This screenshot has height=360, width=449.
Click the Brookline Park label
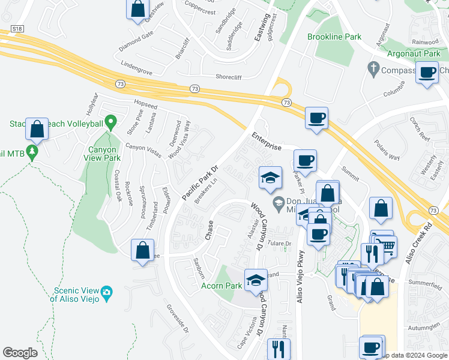click(334, 37)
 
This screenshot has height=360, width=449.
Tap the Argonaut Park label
click(414, 54)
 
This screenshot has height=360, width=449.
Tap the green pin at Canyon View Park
click(110, 123)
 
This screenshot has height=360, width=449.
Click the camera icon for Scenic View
click(107, 292)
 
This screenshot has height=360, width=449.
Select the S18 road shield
click(17, 29)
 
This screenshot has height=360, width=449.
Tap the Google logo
click(20, 352)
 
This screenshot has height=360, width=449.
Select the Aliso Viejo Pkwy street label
click(300, 276)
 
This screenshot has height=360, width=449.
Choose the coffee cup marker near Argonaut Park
click(427, 73)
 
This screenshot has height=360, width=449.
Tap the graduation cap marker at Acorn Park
click(256, 280)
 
